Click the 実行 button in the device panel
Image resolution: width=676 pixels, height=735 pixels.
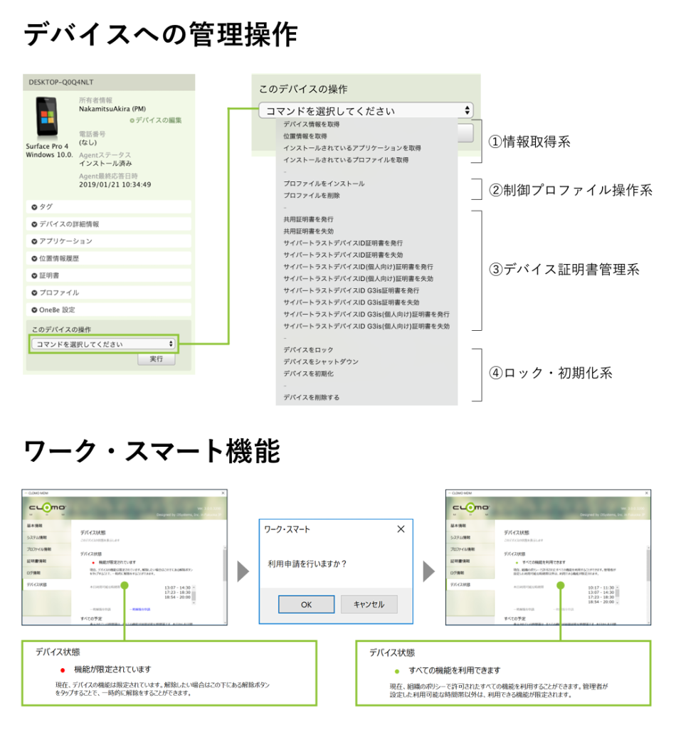(156, 359)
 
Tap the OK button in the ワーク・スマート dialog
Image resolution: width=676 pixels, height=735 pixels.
(306, 604)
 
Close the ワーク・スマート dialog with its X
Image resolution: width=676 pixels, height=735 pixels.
(401, 529)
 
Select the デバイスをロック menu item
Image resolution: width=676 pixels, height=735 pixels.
(308, 350)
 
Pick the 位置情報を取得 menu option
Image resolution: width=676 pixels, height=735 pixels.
(305, 136)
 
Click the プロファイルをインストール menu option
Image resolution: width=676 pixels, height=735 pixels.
(324, 184)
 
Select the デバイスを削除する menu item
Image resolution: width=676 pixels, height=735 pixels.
(311, 398)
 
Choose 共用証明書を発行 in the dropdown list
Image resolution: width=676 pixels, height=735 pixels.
(308, 219)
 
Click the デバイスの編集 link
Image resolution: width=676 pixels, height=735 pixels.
(160, 121)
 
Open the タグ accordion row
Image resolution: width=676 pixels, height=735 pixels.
(107, 206)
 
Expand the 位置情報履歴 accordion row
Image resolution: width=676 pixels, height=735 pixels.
(107, 258)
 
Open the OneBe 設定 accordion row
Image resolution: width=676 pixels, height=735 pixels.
(107, 310)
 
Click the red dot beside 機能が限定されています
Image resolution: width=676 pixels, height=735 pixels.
(62, 670)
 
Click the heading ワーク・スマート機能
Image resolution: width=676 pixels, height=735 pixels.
(152, 450)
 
